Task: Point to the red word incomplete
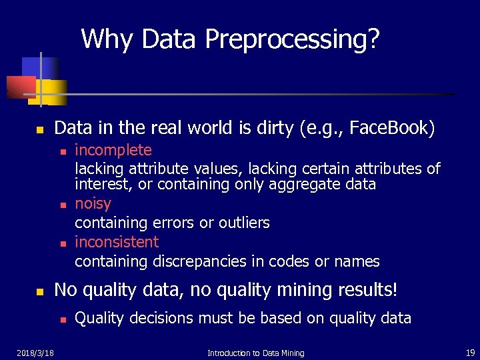[x=113, y=151]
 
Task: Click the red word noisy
[x=93, y=203]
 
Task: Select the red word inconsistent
[x=117, y=242]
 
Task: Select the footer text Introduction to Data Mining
[x=255, y=353]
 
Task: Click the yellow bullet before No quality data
[x=39, y=292]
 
